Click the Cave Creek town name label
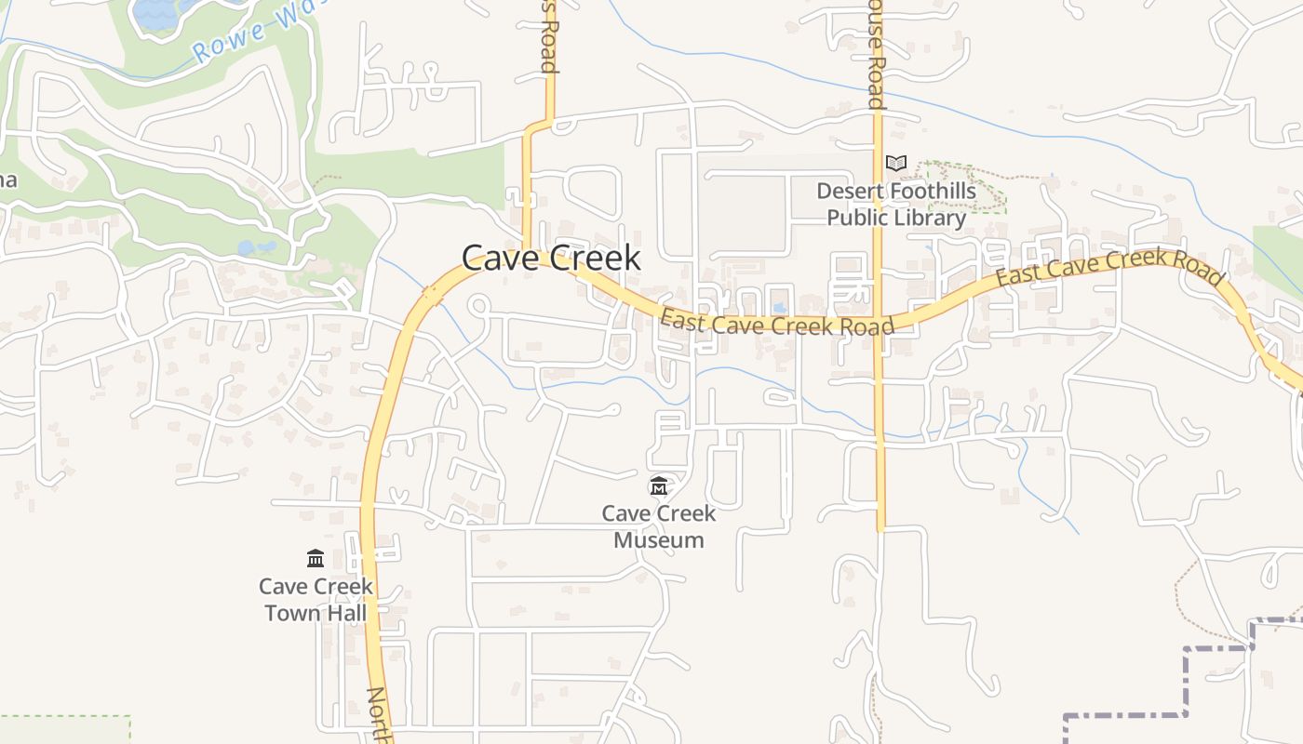pos(551,258)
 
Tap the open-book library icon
pos(895,164)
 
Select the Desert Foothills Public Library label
pos(896,205)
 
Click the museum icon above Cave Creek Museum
pos(659,485)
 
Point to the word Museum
pos(659,539)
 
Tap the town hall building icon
pos(316,558)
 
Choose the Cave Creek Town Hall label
pos(316,599)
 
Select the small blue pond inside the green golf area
pos(257,247)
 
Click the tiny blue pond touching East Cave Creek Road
pos(780,307)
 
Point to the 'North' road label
pos(378,714)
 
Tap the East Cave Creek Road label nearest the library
pos(777,323)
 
